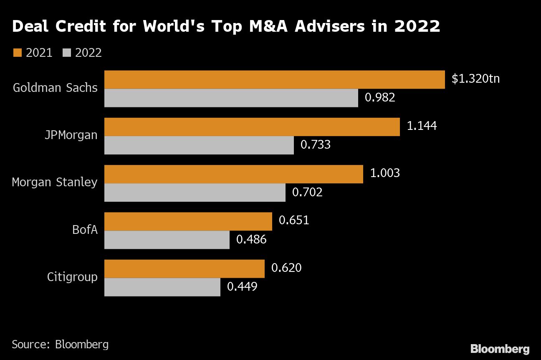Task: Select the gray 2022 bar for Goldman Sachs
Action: (x=231, y=98)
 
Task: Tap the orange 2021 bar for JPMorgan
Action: (x=252, y=127)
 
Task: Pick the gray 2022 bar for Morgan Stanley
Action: (x=195, y=193)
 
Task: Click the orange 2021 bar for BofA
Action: (x=188, y=221)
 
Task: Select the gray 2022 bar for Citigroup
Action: (x=162, y=287)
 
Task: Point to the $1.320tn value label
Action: (x=475, y=79)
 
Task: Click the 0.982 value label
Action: (x=380, y=98)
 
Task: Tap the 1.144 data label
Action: (x=422, y=126)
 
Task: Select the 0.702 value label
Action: (x=307, y=192)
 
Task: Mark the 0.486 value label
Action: (x=251, y=239)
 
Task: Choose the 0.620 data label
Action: (x=286, y=268)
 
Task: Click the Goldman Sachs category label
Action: (x=55, y=88)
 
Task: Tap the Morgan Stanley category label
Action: (x=55, y=183)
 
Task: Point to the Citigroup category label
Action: (x=72, y=277)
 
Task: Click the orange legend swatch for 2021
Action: (x=17, y=53)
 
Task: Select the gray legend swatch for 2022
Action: (x=67, y=53)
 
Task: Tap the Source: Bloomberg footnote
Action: (x=60, y=344)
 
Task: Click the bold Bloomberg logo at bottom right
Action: (x=500, y=349)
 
